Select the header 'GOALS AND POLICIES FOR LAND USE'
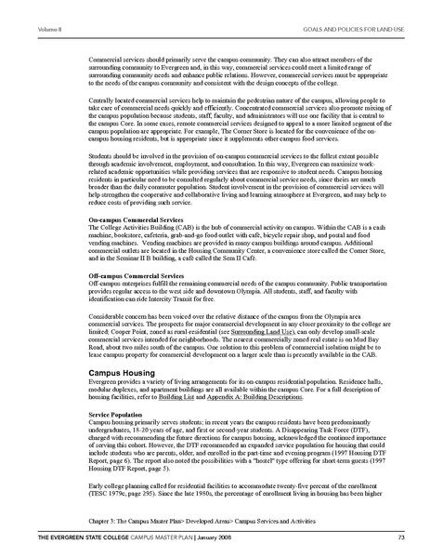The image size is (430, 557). click(357, 6)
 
